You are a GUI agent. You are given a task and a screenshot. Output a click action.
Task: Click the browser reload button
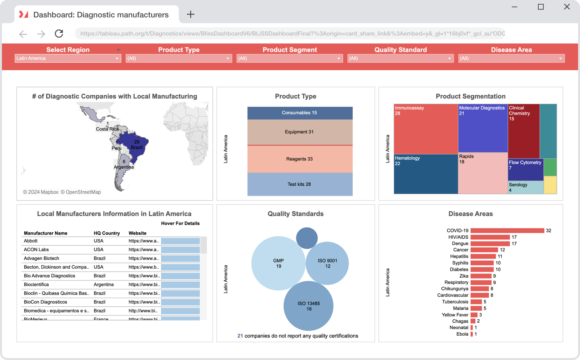click(59, 34)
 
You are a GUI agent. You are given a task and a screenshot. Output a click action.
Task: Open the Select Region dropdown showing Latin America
click(67, 58)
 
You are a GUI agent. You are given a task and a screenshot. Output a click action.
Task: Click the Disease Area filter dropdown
click(511, 58)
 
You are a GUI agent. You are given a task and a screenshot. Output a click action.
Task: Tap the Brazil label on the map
click(137, 148)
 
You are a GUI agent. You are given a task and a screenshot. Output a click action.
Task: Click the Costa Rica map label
click(107, 129)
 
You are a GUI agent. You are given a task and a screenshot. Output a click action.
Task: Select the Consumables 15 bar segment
click(300, 113)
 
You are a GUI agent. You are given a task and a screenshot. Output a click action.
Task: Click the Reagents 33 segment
click(300, 159)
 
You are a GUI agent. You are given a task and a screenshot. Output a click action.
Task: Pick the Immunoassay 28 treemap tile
click(426, 129)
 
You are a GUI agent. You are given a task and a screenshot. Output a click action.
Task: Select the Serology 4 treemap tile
click(525, 187)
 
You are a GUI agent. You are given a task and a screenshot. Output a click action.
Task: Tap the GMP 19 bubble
click(278, 263)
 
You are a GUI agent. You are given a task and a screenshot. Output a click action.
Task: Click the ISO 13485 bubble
click(308, 306)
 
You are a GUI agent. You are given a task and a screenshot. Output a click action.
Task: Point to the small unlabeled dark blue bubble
click(307, 238)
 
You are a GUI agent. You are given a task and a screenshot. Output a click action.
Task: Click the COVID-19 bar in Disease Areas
click(507, 231)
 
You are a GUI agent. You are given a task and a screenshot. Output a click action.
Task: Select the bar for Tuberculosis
click(476, 302)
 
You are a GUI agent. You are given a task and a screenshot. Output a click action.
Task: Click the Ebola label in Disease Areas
click(462, 334)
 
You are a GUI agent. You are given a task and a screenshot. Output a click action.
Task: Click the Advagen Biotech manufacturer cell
click(42, 258)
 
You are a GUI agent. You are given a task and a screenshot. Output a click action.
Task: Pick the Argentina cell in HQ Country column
click(104, 285)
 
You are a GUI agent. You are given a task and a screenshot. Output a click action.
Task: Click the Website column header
click(137, 233)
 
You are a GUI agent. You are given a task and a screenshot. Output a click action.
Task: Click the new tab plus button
click(191, 15)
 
